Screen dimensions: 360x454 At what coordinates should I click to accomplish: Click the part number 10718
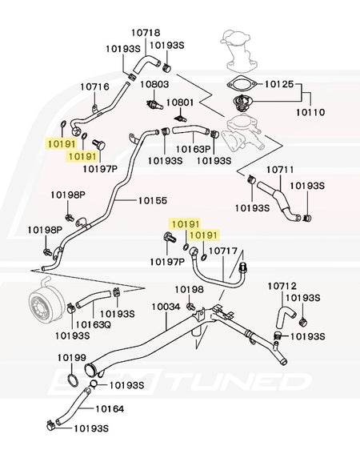click(x=146, y=32)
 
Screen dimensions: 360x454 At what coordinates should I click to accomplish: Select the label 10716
click(x=95, y=86)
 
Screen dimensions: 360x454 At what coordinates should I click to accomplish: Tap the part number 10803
click(x=154, y=85)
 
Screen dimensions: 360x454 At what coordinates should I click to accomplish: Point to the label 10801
click(x=180, y=102)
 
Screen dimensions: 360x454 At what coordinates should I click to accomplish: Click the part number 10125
click(x=279, y=84)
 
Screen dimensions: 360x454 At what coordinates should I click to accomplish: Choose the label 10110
click(x=310, y=112)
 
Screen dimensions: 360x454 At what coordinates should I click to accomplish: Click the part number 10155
click(x=153, y=200)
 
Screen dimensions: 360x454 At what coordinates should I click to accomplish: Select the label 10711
click(x=280, y=170)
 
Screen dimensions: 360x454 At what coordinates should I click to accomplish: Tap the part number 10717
click(x=223, y=251)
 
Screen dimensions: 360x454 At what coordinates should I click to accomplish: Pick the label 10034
click(x=166, y=307)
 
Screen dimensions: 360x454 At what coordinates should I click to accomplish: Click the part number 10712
click(x=282, y=287)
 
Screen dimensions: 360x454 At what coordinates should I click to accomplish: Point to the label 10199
click(x=72, y=358)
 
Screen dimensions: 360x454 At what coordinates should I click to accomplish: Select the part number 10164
click(x=110, y=409)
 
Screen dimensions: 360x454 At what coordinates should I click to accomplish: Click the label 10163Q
click(x=93, y=325)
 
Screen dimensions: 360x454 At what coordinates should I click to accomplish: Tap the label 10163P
click(x=194, y=149)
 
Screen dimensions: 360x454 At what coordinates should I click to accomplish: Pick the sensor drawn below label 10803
click(x=154, y=105)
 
